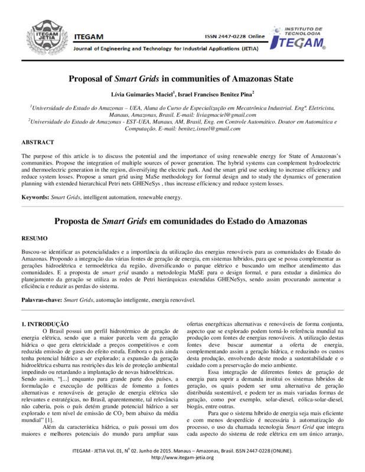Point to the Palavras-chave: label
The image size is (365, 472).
pyautogui.click(x=41, y=300)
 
